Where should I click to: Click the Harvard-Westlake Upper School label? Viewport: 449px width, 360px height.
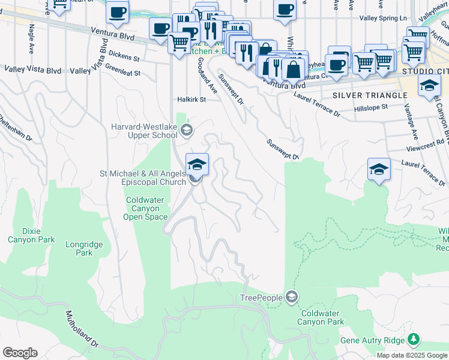click(145, 131)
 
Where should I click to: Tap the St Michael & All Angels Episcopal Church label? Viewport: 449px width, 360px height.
click(143, 178)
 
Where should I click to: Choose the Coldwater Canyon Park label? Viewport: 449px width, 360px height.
click(322, 317)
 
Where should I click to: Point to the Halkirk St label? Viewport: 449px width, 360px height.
click(191, 100)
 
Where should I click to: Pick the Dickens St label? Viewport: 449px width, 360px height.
click(125, 59)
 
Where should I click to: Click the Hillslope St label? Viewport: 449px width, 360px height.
click(371, 107)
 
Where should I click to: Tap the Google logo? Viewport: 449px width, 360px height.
click(20, 353)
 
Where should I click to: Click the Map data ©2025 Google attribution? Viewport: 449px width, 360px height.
click(412, 355)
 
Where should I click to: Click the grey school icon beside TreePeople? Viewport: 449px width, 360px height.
click(292, 297)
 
